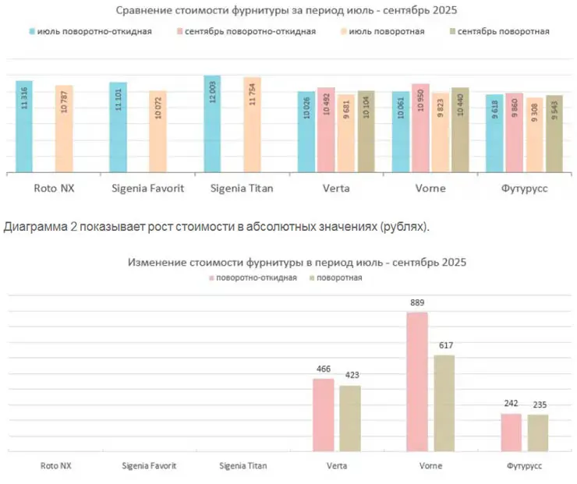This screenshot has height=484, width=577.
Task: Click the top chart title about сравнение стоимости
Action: pyautogui.click(x=286, y=11)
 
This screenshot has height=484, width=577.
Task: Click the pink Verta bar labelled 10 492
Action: pyautogui.click(x=326, y=131)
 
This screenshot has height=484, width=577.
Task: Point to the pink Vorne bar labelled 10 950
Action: pyautogui.click(x=420, y=129)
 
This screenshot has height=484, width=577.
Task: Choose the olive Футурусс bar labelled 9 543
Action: pyautogui.click(x=554, y=135)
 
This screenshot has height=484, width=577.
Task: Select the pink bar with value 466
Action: pyautogui.click(x=323, y=414)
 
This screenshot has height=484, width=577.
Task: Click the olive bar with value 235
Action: pyautogui.click(x=538, y=433)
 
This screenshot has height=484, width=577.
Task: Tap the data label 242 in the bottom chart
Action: pyautogui.click(x=511, y=405)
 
